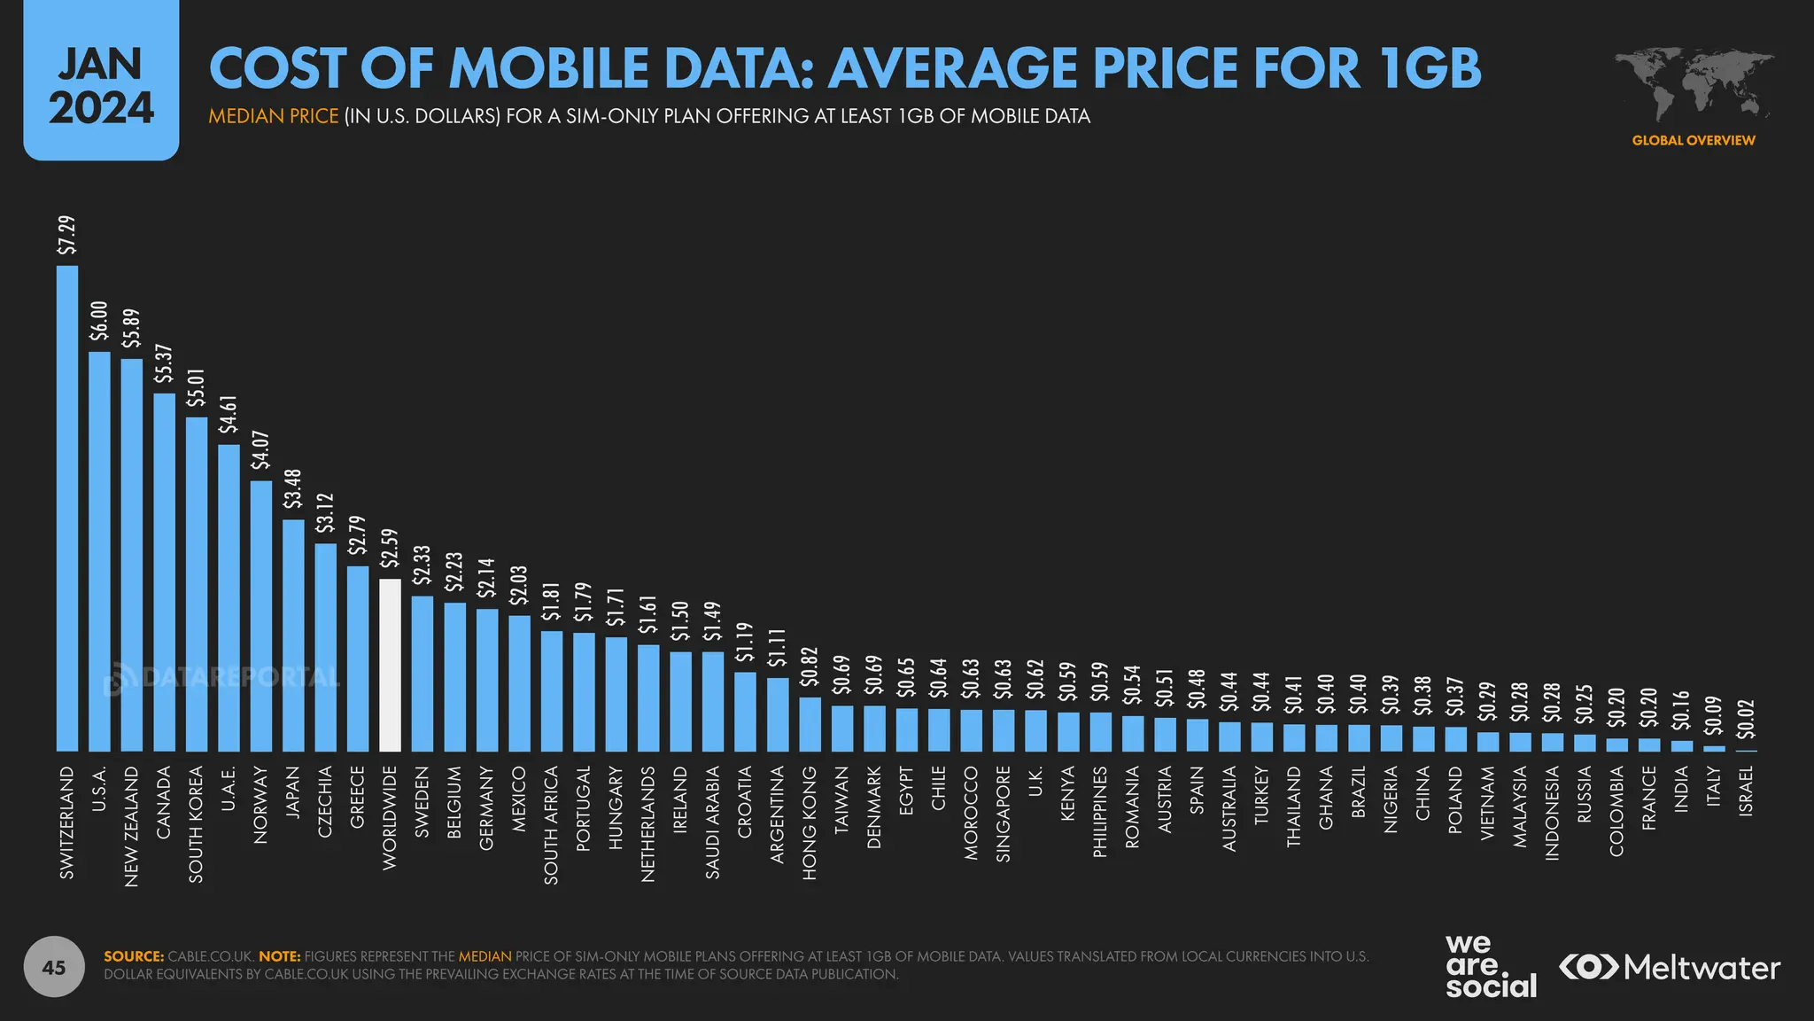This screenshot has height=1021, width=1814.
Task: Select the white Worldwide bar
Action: [390, 665]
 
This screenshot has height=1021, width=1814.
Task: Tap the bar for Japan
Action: [293, 635]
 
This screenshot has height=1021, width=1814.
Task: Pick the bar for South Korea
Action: [197, 584]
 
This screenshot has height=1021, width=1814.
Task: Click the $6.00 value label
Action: [100, 321]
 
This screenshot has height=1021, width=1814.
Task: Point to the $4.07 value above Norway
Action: [261, 450]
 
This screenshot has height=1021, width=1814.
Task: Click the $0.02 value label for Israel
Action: [1746, 719]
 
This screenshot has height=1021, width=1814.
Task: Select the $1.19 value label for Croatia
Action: [745, 643]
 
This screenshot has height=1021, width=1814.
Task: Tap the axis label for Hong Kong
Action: [810, 822]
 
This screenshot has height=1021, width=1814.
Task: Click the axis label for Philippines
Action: [1100, 811]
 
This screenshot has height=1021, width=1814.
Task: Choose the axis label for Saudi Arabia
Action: [713, 822]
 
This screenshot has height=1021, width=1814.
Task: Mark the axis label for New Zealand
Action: [132, 826]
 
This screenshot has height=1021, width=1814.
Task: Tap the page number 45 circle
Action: [54, 967]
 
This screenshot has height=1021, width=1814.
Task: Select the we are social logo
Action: [1491, 967]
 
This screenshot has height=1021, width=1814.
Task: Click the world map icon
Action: [1694, 84]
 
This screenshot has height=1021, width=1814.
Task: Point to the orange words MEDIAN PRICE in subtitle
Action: [274, 116]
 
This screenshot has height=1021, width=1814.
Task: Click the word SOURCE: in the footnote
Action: [134, 956]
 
